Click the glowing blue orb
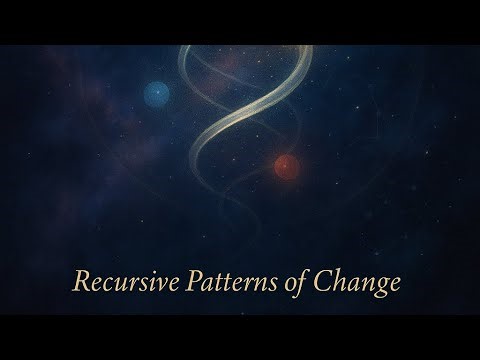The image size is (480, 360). coord(155,94)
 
